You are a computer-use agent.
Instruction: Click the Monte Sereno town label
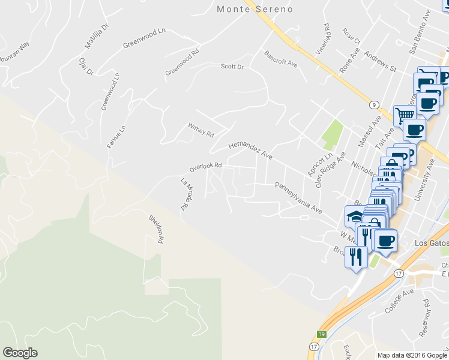pyautogui.click(x=255, y=9)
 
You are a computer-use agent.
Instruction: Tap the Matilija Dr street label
pyautogui.click(x=96, y=36)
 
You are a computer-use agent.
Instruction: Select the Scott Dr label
pyautogui.click(x=232, y=67)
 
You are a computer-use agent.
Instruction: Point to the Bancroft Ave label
pyautogui.click(x=281, y=59)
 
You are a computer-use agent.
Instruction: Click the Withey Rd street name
pyautogui.click(x=201, y=130)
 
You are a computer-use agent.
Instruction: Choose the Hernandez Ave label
pyautogui.click(x=250, y=151)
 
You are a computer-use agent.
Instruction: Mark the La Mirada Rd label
pyautogui.click(x=188, y=193)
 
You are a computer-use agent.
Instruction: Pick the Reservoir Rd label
pyautogui.click(x=427, y=313)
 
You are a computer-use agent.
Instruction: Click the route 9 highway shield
pyautogui.click(x=373, y=104)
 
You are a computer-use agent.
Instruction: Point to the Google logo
pyautogui.click(x=20, y=353)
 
